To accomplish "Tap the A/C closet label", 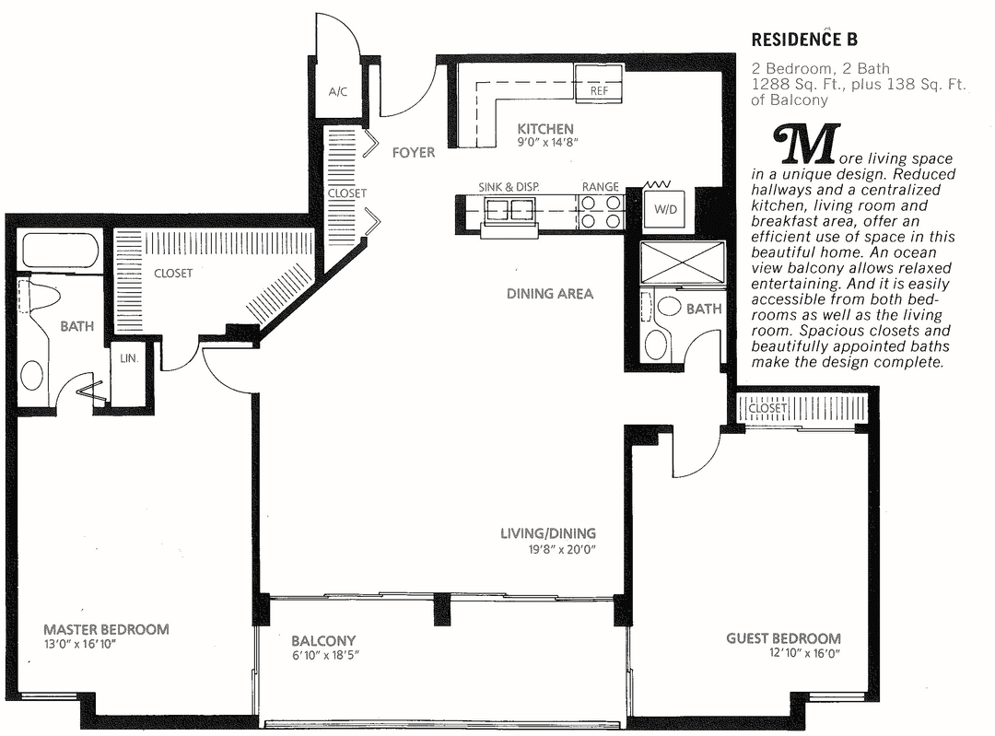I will [x=337, y=92].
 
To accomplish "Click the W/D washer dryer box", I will [x=665, y=209].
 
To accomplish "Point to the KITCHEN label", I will [x=544, y=129].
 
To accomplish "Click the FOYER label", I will [x=413, y=152].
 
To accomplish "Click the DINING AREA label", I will [x=550, y=294].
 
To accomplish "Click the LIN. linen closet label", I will [x=127, y=358].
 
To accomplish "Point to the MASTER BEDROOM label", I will [x=106, y=629].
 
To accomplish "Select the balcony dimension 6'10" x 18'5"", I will [x=323, y=655].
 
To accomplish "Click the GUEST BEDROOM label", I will [x=783, y=638].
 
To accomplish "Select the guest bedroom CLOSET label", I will [x=767, y=408].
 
